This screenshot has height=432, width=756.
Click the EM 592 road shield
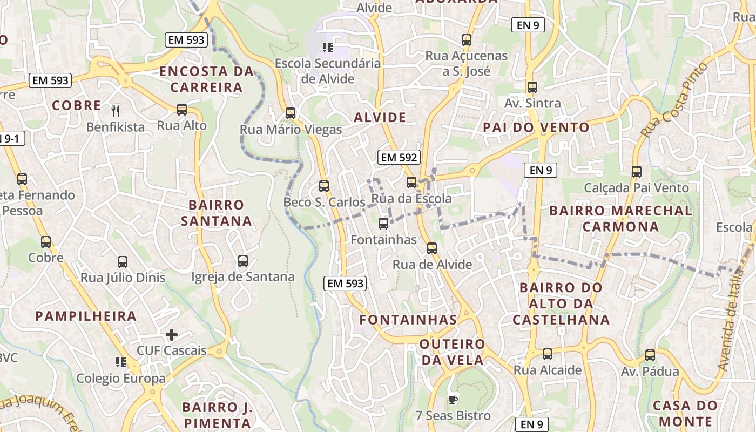399,157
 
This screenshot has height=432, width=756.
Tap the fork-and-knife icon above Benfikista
115,111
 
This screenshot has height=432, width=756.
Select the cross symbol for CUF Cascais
172,335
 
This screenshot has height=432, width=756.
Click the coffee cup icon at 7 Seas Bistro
453,400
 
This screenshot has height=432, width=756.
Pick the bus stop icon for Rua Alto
182,110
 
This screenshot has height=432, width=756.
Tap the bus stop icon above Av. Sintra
532,87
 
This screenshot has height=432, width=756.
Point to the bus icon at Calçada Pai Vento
637,172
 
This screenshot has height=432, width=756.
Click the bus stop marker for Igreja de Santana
243,261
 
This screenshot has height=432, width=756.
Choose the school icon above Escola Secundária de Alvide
327,48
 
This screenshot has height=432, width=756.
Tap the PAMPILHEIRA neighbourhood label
86,316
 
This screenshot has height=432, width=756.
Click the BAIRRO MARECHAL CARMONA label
620,218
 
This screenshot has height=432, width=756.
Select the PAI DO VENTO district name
536,127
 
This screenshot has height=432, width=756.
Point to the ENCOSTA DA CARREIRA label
206,79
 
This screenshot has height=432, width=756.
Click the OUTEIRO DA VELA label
453,352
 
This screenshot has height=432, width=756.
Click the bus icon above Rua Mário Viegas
291,113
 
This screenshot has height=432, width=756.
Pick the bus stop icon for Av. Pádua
650,355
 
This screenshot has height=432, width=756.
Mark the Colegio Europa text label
121,378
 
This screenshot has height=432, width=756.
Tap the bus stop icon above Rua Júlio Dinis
123,262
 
